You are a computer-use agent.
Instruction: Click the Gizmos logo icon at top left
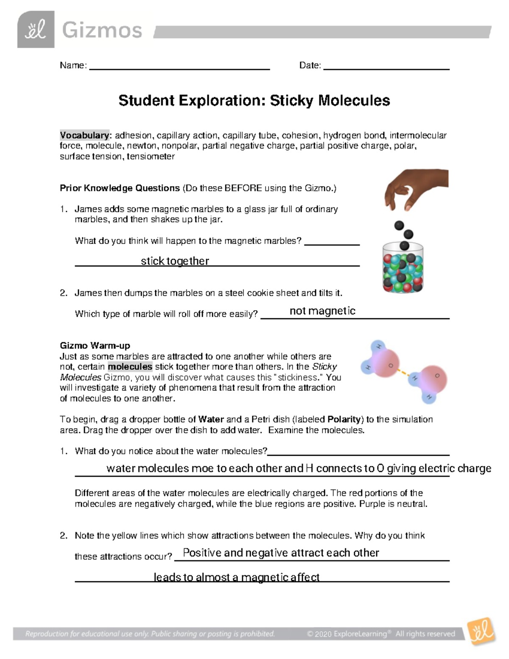pyautogui.click(x=36, y=30)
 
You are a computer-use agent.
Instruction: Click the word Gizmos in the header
pyautogui.click(x=102, y=31)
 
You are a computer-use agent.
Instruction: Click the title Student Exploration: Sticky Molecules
pyautogui.click(x=254, y=101)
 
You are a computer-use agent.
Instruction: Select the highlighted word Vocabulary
pyautogui.click(x=84, y=135)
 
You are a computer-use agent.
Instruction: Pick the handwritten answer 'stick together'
pyautogui.click(x=175, y=261)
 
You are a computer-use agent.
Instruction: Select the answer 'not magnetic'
pyautogui.click(x=322, y=311)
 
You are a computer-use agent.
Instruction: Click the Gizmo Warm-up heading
pyautogui.click(x=95, y=345)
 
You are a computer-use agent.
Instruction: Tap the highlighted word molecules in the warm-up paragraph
pyautogui.click(x=130, y=367)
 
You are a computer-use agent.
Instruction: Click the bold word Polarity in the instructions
pyautogui.click(x=344, y=419)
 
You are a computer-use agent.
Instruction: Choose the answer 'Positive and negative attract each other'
pyautogui.click(x=281, y=553)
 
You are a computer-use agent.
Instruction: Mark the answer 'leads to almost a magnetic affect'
pyautogui.click(x=236, y=578)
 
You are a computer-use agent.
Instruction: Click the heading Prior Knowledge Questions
pyautogui.click(x=120, y=188)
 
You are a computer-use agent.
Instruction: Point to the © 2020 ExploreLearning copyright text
pyautogui.click(x=380, y=634)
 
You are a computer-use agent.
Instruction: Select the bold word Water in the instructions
pyautogui.click(x=211, y=419)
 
